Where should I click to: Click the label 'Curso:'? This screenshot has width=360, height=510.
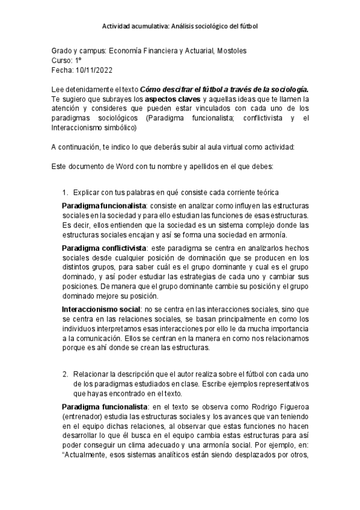[x=62, y=61]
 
